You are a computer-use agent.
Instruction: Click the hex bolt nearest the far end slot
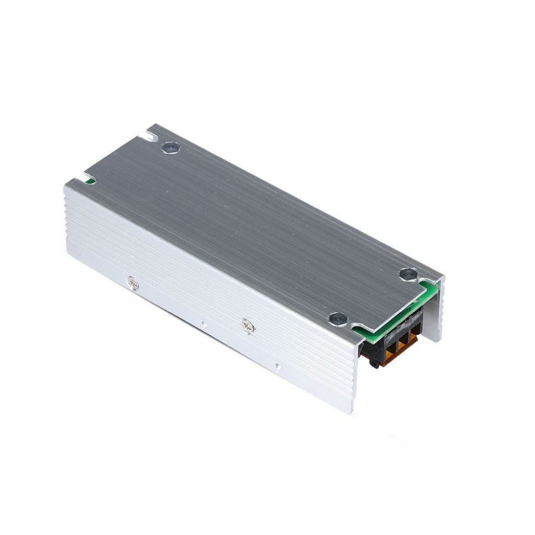pos(170,148)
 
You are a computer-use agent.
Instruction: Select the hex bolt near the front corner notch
pos(338,317)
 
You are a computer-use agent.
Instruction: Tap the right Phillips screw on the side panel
pos(248,326)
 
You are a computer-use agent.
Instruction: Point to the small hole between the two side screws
pos(203,324)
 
